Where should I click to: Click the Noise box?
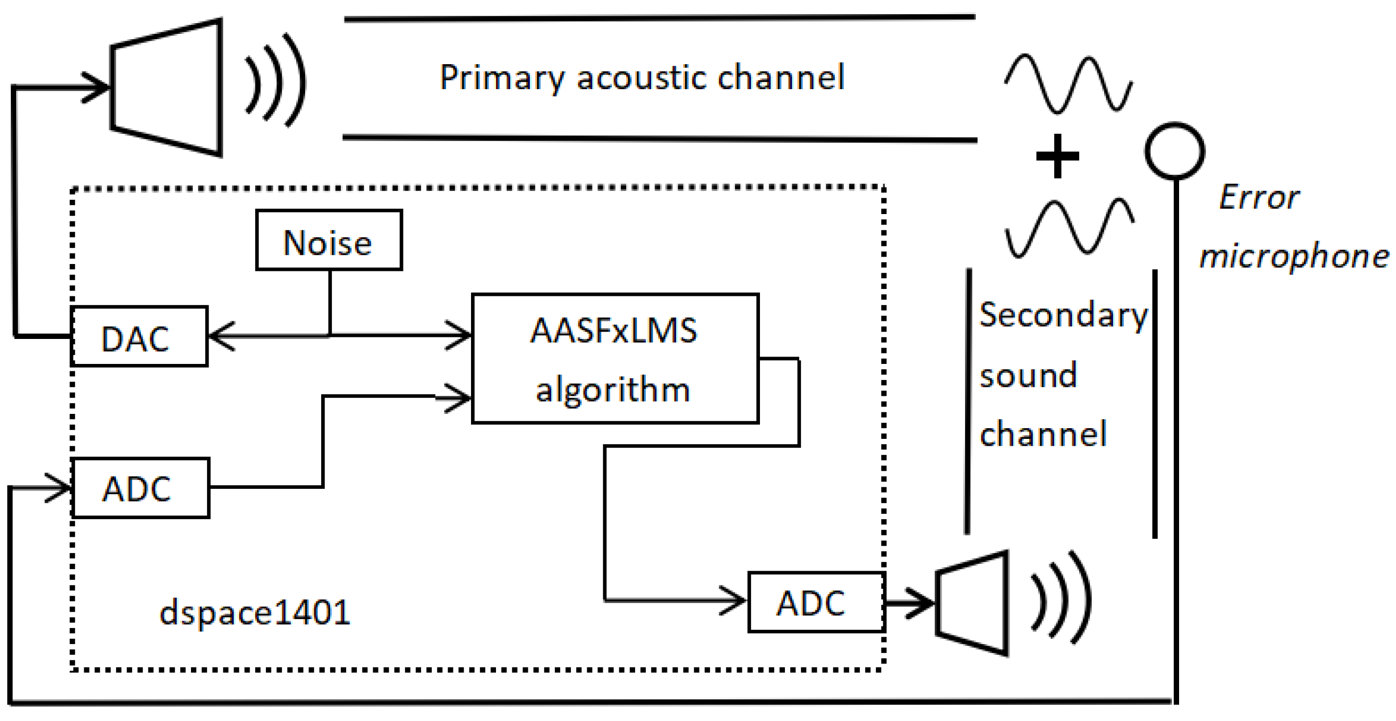tap(329, 240)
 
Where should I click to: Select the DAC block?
tap(139, 336)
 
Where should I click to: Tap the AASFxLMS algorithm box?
tap(615, 359)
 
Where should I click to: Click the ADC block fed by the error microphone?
tap(141, 488)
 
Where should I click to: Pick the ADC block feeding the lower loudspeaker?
tap(816, 602)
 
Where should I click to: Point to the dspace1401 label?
tap(255, 613)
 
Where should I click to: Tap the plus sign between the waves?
tap(1057, 156)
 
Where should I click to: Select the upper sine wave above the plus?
tap(1067, 84)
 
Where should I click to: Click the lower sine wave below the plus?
tap(1069, 228)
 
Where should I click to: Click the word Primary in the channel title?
tap(501, 77)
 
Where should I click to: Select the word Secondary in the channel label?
tap(1063, 315)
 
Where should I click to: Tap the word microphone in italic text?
tap(1294, 256)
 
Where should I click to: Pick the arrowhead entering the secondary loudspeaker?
tap(921, 602)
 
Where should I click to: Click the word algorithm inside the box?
tap(613, 390)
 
